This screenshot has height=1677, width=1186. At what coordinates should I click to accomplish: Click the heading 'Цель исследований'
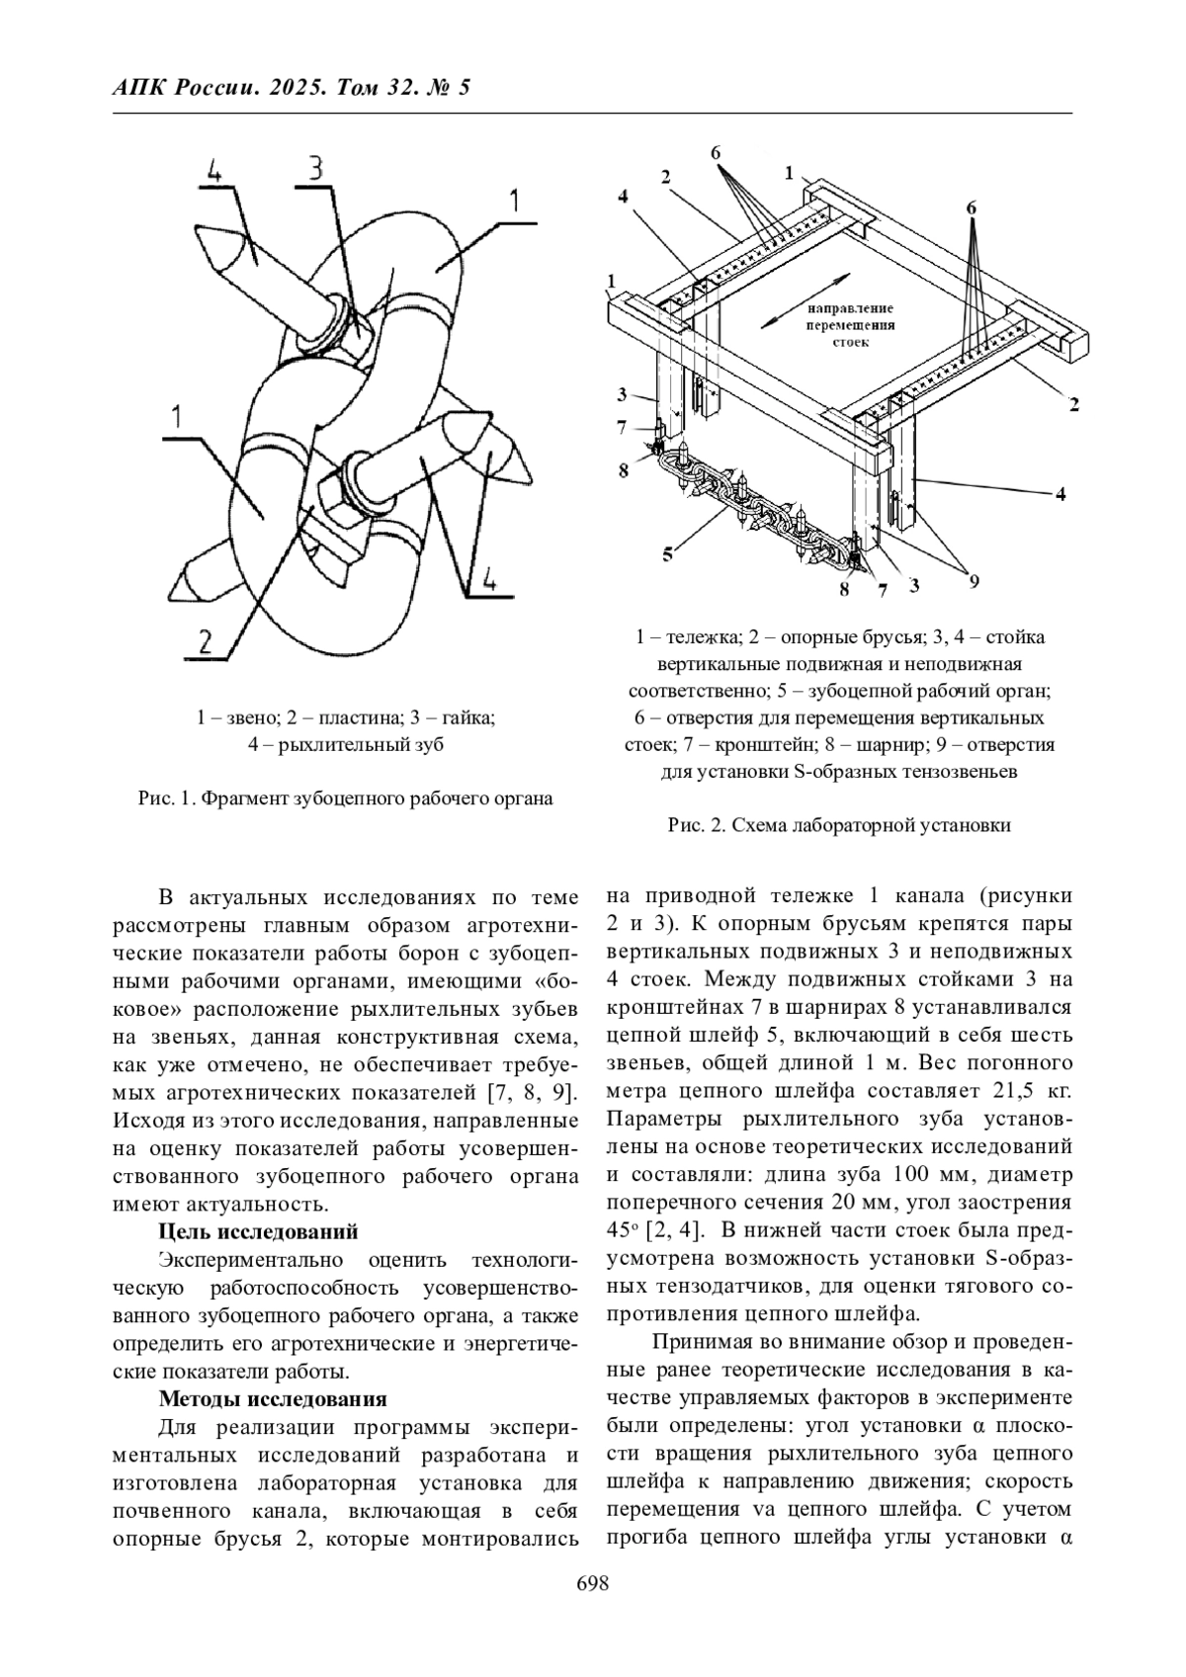[258, 1231]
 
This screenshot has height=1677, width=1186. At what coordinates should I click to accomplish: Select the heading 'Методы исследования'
[272, 1399]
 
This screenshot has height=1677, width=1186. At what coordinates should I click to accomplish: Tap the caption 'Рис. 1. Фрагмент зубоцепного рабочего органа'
[345, 798]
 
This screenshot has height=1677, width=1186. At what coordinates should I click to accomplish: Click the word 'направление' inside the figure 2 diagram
[850, 308]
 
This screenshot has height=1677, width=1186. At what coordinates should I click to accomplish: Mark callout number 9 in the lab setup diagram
[974, 581]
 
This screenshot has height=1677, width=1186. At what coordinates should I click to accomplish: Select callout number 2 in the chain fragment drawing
[204, 643]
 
